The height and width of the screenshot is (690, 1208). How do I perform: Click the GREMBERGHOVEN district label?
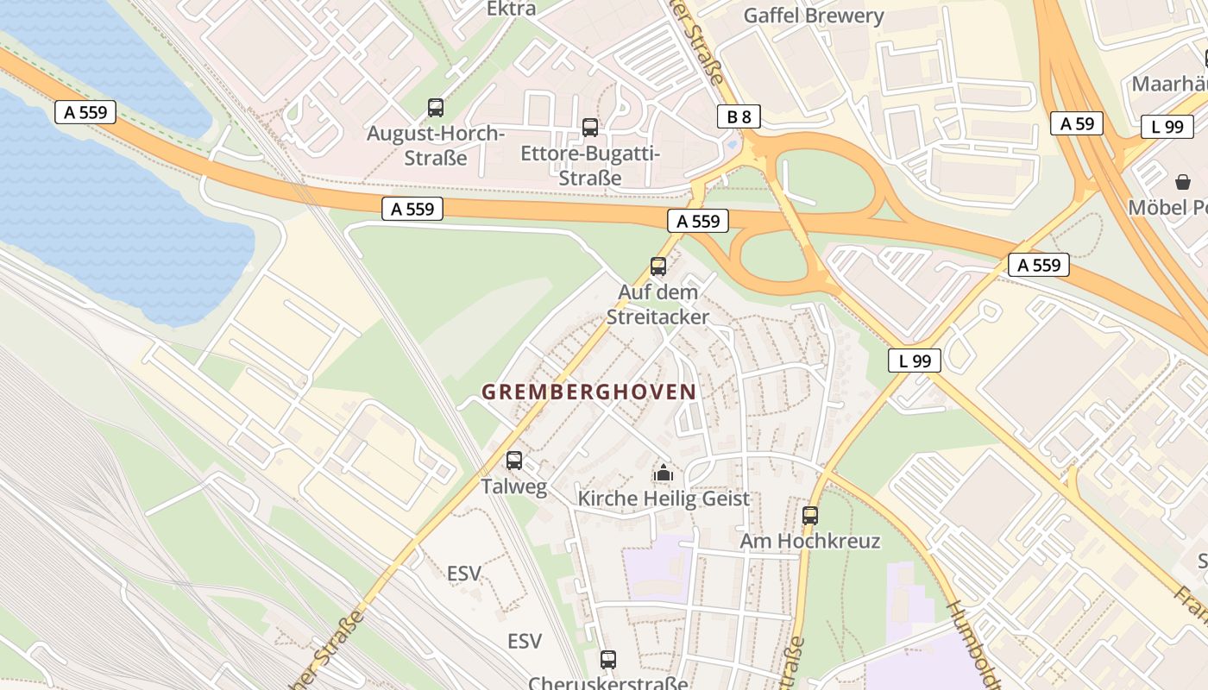pos(588,392)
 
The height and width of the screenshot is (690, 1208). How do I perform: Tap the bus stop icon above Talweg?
pos(514,461)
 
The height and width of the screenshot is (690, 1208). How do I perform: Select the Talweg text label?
pos(514,486)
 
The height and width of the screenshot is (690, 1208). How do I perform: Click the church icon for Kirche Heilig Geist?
pos(663,473)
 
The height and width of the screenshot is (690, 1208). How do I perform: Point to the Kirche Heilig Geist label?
pos(663,499)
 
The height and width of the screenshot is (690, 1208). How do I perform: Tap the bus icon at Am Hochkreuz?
pos(809,516)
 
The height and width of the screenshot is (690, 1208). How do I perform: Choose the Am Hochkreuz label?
pos(809,541)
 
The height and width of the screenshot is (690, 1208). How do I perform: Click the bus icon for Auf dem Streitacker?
pos(658,267)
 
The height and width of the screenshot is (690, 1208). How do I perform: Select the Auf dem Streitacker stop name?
pos(657,304)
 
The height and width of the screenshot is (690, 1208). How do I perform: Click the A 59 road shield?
pos(1077,123)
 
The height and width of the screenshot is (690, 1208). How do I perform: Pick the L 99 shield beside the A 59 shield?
pos(1167,127)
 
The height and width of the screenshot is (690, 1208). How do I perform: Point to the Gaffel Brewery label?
pos(813,16)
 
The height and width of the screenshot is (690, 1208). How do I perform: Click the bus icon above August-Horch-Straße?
pos(436,108)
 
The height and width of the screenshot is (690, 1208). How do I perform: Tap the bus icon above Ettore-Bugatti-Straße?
pos(590,128)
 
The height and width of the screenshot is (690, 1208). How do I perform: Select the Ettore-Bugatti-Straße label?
pos(590,166)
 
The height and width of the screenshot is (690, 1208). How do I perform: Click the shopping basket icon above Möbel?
pos(1181,182)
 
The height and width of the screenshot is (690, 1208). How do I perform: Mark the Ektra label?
pos(511,9)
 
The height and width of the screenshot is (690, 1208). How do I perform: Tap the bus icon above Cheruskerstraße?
pos(608,660)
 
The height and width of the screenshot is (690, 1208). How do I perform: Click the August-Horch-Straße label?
pos(436,146)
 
